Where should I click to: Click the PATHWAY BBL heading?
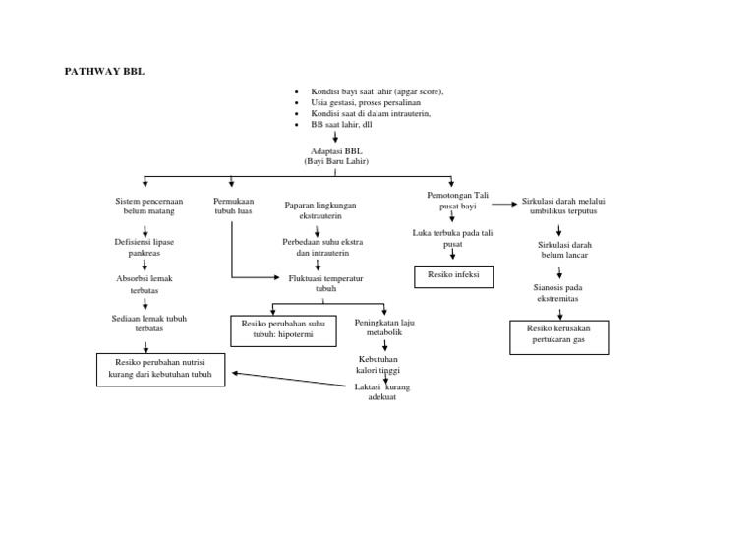104,71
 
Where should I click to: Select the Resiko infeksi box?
453,275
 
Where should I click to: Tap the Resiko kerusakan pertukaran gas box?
558,336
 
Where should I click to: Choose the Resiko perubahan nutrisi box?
160,370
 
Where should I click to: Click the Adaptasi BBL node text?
335,156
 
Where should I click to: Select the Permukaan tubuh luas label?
233,206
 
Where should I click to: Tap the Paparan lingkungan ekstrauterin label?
319,209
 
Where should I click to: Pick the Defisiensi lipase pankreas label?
145,247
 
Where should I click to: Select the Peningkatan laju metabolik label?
384,327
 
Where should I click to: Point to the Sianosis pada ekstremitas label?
558,292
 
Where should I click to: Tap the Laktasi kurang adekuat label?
381,392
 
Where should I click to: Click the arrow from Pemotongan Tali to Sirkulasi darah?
501,205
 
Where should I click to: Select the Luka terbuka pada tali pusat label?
451,237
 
